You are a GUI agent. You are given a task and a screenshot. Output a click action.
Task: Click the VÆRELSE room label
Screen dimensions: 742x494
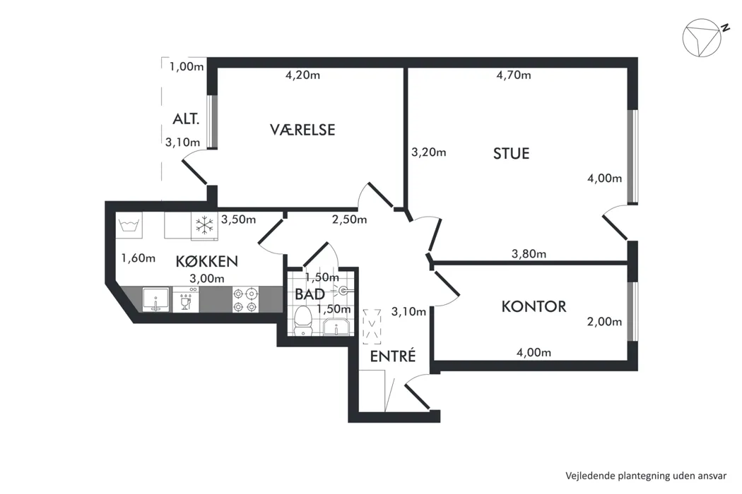pos(302,130)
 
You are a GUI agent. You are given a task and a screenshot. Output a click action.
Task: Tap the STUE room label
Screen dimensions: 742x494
pos(511,154)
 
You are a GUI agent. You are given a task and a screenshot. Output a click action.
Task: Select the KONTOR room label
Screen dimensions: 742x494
pos(534,306)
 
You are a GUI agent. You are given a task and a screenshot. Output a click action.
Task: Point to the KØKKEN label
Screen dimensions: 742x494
pos(207,261)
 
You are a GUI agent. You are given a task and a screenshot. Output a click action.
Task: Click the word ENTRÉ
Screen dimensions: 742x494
pos(393,356)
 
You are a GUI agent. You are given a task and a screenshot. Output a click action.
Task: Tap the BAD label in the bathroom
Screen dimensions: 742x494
pos(310,294)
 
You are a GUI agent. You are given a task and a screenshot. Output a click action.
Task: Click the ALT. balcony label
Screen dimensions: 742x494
pos(186,119)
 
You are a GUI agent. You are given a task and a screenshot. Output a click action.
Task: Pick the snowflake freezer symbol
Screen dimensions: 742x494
pos(204,226)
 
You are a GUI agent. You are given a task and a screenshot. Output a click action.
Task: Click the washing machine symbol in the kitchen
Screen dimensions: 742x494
pos(129,225)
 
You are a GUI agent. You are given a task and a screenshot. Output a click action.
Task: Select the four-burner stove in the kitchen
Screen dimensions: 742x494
pos(246,300)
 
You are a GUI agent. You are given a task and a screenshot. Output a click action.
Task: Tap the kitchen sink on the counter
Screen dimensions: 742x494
pos(155,300)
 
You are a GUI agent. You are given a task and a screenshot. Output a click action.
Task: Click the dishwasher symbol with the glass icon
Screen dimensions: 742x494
pos(185,300)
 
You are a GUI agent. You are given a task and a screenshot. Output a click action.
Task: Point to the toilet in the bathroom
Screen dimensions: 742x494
pos(303,320)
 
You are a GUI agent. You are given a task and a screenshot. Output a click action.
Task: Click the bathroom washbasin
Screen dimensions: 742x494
pos(336,327)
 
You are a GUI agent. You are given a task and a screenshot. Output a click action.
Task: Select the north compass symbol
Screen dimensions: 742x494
pos(702,37)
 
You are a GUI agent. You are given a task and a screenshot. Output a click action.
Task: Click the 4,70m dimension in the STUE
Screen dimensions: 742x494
pos(514,76)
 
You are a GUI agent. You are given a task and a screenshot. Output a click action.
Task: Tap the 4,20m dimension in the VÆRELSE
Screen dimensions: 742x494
pos(302,76)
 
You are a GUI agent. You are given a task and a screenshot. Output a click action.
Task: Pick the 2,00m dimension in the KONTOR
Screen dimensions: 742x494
pos(604,322)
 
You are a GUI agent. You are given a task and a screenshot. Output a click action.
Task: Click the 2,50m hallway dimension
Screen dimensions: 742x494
pos(349,219)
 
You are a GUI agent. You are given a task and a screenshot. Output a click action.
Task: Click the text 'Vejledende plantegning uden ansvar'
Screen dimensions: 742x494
pos(646,476)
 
